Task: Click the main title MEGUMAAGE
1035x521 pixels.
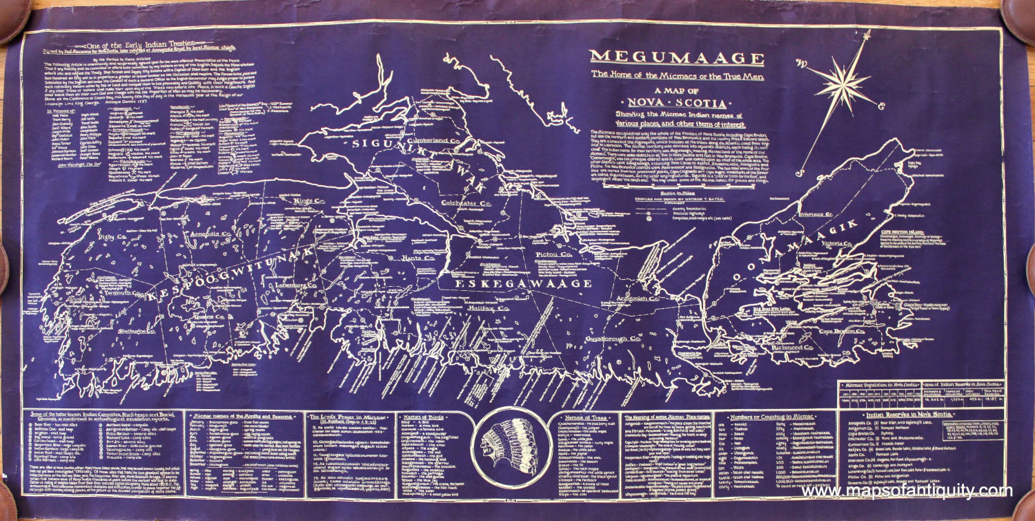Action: [677, 58]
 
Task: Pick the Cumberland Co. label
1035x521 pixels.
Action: [433, 142]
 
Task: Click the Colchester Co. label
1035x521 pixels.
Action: [466, 203]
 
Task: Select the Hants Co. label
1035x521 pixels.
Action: [417, 258]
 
